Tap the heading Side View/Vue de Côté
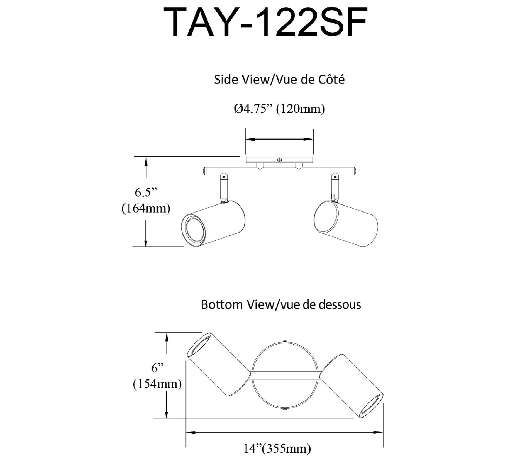click(x=279, y=80)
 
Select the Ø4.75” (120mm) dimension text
click(x=279, y=109)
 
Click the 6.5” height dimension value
click(x=145, y=193)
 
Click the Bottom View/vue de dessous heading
click(x=281, y=304)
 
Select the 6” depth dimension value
click(x=158, y=368)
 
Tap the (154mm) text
click(x=157, y=384)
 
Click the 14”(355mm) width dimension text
click(x=277, y=449)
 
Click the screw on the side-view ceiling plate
click(x=279, y=160)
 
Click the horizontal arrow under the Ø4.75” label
click(x=279, y=139)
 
